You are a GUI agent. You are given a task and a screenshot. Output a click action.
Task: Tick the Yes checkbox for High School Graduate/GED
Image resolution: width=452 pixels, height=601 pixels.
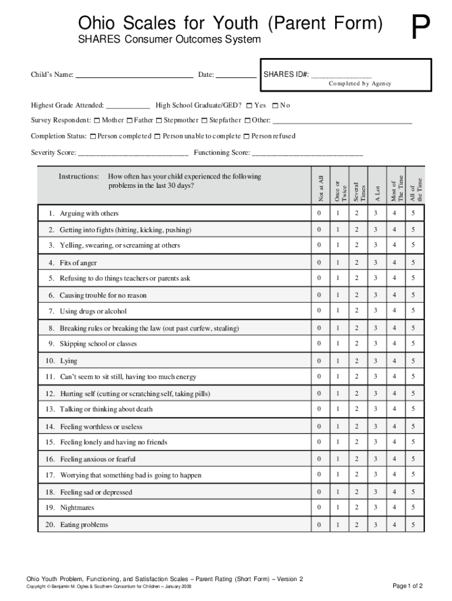[x=249, y=106]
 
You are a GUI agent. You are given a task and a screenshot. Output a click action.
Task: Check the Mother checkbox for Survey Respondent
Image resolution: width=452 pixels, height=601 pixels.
[x=97, y=121]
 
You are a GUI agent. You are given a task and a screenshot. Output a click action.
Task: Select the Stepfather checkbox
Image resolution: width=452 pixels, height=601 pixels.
[x=204, y=121]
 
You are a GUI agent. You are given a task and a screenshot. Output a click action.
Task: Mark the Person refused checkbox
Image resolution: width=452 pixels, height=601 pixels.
[x=247, y=137]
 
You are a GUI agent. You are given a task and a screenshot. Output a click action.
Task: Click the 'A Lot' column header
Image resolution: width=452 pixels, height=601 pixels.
[x=377, y=193]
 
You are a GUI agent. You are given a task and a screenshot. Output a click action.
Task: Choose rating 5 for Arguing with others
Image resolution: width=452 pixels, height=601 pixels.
[x=413, y=213]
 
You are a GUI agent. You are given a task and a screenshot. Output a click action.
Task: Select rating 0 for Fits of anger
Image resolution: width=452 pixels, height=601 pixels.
[x=319, y=262]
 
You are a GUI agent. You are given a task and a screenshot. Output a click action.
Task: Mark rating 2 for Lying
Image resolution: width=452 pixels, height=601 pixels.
[x=356, y=361]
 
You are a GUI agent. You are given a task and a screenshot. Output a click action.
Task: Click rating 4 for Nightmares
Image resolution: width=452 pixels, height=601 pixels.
[x=394, y=507]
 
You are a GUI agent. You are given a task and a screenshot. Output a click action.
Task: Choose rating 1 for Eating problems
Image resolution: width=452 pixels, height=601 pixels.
[x=338, y=524]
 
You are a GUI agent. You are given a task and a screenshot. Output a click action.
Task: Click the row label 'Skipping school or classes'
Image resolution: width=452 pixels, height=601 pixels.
[x=98, y=344]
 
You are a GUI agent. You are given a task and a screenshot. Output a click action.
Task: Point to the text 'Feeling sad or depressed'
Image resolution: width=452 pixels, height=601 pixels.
[x=96, y=492]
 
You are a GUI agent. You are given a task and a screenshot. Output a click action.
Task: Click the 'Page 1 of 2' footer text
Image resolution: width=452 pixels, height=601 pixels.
[x=407, y=586]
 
